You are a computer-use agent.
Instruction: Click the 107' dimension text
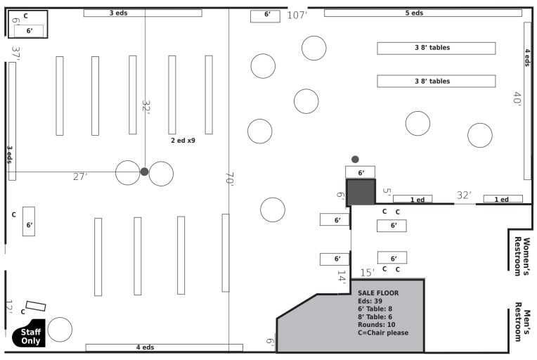pyautogui.click(x=297, y=15)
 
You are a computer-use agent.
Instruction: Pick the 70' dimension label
pyautogui.click(x=229, y=179)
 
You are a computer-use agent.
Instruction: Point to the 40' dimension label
pyautogui.click(x=517, y=98)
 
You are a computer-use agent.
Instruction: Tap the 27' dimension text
pyautogui.click(x=81, y=176)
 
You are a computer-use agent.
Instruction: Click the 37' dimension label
pyautogui.click(x=15, y=53)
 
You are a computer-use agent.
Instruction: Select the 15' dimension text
pyautogui.click(x=367, y=273)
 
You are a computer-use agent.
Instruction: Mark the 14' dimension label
pyautogui.click(x=342, y=276)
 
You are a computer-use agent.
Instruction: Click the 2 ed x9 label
pyautogui.click(x=183, y=141)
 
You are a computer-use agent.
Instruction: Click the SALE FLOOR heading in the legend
pyautogui.click(x=378, y=292)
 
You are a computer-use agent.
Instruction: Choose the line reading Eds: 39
pyautogui.click(x=370, y=301)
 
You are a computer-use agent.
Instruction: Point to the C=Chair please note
pyautogui.click(x=383, y=333)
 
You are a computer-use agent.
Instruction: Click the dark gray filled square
pyautogui.click(x=361, y=191)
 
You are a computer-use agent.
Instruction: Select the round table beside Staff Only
pyautogui.click(x=60, y=330)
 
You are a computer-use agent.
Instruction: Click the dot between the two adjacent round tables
pyautogui.click(x=144, y=172)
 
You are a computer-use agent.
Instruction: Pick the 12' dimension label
pyautogui.click(x=9, y=307)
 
